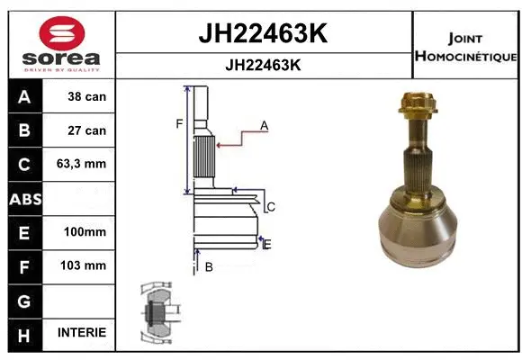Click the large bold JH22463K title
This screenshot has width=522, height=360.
[x=262, y=34]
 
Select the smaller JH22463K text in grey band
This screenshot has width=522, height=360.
[x=262, y=66]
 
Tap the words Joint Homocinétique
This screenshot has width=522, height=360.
[x=464, y=48]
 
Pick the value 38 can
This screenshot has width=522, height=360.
[x=87, y=96]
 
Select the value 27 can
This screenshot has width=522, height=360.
[x=87, y=130]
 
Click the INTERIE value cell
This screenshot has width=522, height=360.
[x=82, y=332]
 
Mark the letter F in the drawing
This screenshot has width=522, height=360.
[x=179, y=123]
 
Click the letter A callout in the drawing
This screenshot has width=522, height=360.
[x=265, y=126]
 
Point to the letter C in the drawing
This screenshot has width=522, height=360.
[x=270, y=207]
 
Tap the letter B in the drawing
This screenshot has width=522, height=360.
[x=208, y=266]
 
